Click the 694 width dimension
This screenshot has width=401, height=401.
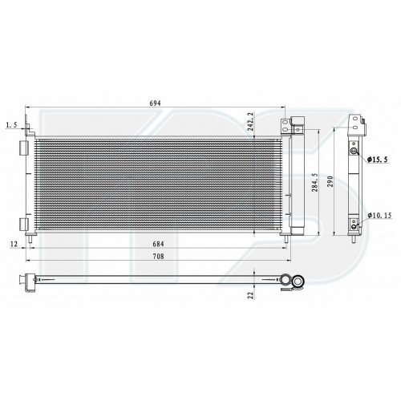(155, 103)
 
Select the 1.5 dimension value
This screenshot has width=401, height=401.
(11, 124)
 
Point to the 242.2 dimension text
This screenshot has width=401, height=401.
(250, 121)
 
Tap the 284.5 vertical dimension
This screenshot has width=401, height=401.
(315, 182)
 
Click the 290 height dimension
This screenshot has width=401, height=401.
(330, 181)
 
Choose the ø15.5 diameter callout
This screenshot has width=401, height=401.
(377, 160)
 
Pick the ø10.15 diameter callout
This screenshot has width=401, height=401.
(379, 215)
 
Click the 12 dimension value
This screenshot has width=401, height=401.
(14, 244)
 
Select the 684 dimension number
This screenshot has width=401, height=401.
(158, 244)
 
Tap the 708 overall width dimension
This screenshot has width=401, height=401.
(158, 256)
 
